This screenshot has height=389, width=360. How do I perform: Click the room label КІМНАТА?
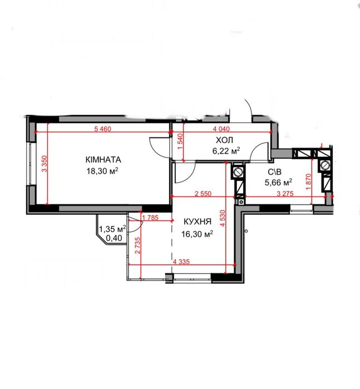tap(103, 160)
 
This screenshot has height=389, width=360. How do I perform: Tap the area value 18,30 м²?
tap(102, 171)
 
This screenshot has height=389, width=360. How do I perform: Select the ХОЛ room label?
tap(224, 140)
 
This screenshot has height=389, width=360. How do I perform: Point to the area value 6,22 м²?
tap(226, 151)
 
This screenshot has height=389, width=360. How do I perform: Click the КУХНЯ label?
tap(198, 221)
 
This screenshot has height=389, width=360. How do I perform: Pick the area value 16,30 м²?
tap(197, 234)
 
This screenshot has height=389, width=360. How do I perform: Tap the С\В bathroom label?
tap(275, 172)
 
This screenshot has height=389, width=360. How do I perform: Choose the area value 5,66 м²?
tap(278, 183)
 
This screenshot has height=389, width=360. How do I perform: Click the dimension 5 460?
tap(103, 129)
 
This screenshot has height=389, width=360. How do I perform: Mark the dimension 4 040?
tap(221, 129)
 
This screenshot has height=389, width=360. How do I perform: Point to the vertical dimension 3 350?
tap(45, 164)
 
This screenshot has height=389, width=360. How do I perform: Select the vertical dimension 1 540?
tap(180, 141)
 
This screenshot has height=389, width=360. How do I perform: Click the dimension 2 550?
tap(203, 194)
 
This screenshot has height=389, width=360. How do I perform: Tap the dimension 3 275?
tap(285, 194)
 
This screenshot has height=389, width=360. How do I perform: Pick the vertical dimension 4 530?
tap(223, 218)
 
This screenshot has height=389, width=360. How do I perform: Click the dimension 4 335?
tap(181, 262)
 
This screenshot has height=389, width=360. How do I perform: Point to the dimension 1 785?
tap(150, 218)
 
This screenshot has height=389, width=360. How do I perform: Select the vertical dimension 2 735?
tap(137, 245)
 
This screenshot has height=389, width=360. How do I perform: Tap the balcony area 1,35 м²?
tap(112, 228)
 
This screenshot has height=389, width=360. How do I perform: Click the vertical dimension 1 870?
tap(308, 181)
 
